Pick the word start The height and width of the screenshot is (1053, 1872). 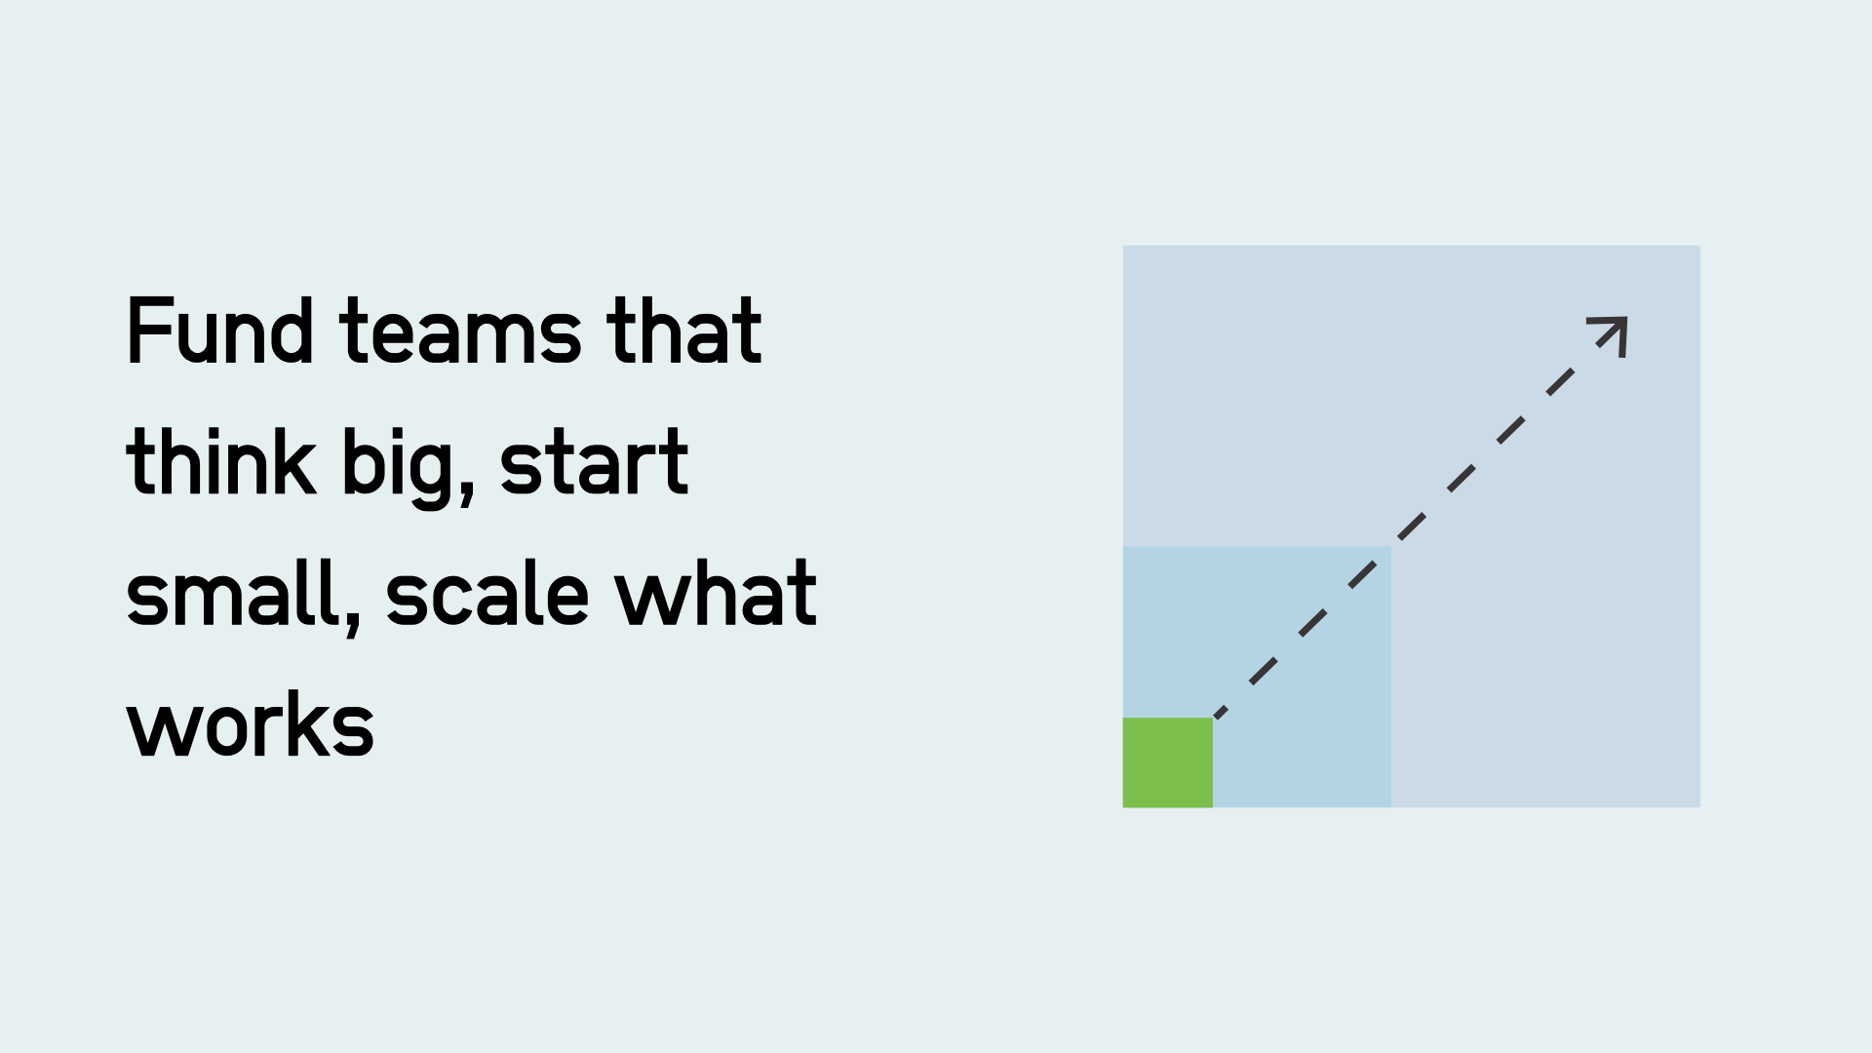pos(594,463)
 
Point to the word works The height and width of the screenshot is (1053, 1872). pos(251,726)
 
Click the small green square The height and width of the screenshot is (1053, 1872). pos(1167,762)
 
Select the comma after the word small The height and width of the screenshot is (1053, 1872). pos(354,620)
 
